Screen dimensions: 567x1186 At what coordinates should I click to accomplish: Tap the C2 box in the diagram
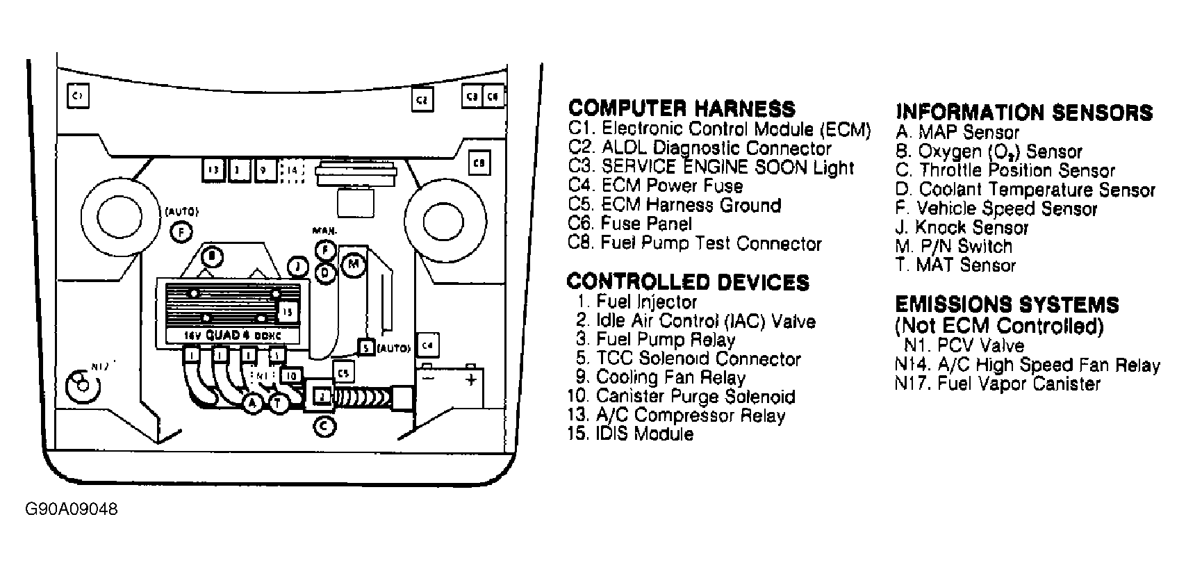point(421,99)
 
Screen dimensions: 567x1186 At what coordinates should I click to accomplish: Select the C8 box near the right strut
point(479,163)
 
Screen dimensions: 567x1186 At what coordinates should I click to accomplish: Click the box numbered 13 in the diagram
point(214,170)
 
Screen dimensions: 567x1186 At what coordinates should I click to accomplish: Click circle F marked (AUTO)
point(181,232)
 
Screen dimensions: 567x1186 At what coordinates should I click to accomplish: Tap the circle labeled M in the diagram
point(354,264)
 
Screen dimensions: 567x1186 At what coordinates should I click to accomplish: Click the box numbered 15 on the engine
point(288,313)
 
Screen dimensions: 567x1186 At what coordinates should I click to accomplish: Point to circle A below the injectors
point(252,403)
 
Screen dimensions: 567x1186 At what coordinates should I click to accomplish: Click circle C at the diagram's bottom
point(324,425)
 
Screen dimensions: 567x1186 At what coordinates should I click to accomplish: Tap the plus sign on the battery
point(472,380)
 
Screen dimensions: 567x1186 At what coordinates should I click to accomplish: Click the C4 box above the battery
point(428,345)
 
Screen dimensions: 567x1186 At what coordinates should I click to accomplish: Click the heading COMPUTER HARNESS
point(681,108)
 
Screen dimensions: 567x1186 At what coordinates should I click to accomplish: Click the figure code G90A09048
point(72,509)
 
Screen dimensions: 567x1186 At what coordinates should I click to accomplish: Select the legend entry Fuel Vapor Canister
point(998,384)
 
